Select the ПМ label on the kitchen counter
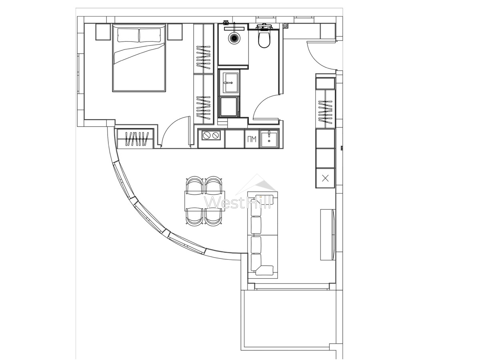252,139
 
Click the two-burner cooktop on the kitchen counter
211,135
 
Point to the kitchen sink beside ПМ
269,139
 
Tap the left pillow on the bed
128,35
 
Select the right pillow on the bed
150,35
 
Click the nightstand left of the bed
103,32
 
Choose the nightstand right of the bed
175,32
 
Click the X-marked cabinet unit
325,178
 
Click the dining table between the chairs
205,201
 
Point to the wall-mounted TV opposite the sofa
328,234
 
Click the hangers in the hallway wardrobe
325,111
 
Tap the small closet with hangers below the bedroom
135,139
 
